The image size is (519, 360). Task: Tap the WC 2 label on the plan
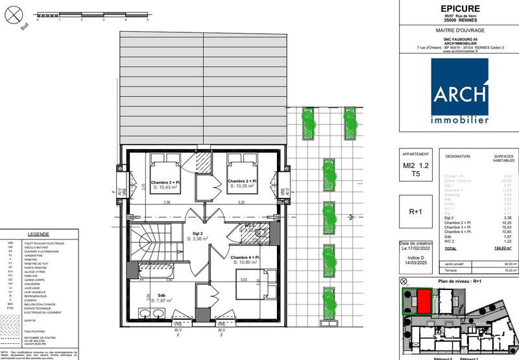pos(248,225)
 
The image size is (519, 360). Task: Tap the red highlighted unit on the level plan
pos(422,302)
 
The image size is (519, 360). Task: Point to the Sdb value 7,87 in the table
pos(510,237)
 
